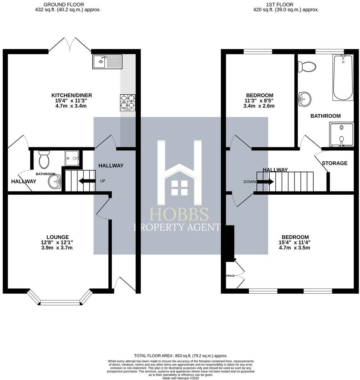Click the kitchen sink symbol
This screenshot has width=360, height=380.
107,62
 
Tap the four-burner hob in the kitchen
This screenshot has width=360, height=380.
127,102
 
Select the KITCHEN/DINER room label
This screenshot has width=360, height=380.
72,95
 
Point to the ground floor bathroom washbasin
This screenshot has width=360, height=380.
55,181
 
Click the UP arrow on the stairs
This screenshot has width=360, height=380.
87,181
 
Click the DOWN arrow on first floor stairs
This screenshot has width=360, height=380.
265,182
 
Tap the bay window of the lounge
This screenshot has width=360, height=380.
60,302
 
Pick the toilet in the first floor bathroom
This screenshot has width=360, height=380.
307,67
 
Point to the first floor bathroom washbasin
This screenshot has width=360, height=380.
305,98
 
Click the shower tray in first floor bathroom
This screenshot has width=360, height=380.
341,134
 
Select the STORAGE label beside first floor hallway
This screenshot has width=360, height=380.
334,163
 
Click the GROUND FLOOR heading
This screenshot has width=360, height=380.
64,5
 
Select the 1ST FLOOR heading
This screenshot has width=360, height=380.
279,5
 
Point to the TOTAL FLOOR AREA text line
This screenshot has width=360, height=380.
181,356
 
